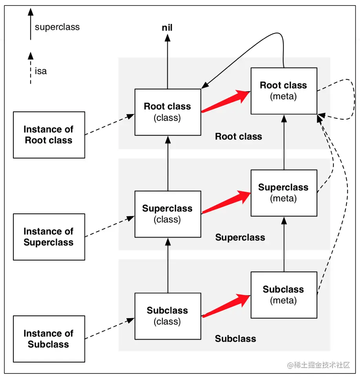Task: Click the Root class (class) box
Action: (167, 112)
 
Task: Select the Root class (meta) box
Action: (284, 91)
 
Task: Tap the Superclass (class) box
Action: (167, 214)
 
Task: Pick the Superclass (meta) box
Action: (284, 193)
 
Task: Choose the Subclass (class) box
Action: (167, 316)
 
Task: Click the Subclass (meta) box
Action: (284, 295)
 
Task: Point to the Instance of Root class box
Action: (49, 135)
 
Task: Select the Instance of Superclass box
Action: (49, 237)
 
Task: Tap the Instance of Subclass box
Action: (49, 339)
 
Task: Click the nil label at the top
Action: (167, 28)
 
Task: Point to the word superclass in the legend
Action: (57, 27)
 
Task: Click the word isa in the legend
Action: (41, 71)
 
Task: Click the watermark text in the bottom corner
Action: (318, 365)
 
